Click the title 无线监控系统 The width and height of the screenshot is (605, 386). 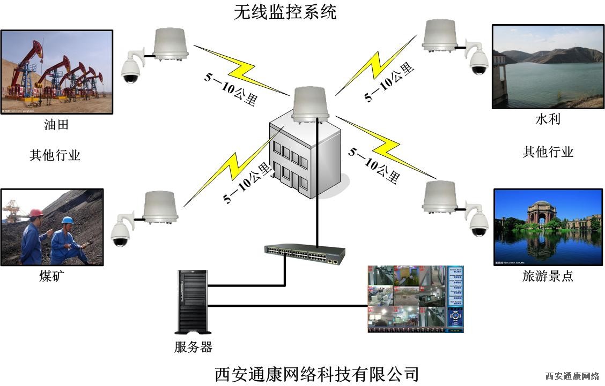[285, 12]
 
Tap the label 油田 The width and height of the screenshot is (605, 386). [56, 126]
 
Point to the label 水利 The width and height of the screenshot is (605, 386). [548, 119]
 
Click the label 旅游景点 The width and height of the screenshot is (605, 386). [548, 276]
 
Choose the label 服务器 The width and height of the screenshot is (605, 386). [193, 347]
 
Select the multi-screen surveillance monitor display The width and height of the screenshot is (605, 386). [415, 299]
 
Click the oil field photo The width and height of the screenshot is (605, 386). [57, 71]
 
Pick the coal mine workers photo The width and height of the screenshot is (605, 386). [52, 227]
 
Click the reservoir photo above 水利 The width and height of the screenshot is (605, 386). [548, 66]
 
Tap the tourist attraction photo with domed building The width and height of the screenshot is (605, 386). [548, 227]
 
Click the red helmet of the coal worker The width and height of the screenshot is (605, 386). [36, 213]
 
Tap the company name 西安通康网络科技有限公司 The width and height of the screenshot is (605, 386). [316, 373]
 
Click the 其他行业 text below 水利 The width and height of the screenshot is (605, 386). [548, 152]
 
